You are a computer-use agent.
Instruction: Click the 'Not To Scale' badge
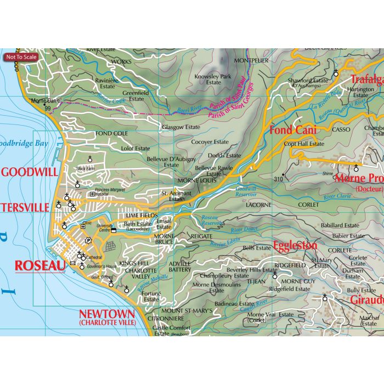[21, 57]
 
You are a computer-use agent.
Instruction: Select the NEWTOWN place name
[106, 314]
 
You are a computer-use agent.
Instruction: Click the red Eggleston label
[295, 245]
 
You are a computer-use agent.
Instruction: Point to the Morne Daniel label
[46, 101]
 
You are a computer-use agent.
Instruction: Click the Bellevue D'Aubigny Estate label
[171, 162]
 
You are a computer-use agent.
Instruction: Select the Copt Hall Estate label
[304, 144]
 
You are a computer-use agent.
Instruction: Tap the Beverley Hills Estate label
[252, 270]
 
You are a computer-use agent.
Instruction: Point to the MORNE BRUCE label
[164, 239]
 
